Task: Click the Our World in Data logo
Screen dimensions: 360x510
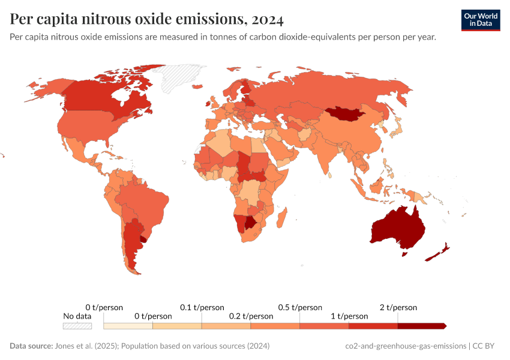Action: pos(480,20)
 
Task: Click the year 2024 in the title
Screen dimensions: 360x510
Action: pos(268,19)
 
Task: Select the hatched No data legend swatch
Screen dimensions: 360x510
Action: pos(77,326)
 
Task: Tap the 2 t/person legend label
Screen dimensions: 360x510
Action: pos(398,307)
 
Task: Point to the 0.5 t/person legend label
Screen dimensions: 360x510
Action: pos(300,307)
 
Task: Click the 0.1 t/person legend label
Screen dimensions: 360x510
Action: pos(202,307)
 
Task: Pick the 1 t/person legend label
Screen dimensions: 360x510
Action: pos(349,316)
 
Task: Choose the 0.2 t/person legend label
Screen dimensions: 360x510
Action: pos(251,316)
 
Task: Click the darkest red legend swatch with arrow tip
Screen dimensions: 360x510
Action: pos(422,326)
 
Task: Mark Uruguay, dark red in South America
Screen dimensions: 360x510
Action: pos(142,238)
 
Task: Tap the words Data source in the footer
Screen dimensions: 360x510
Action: pos(31,346)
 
